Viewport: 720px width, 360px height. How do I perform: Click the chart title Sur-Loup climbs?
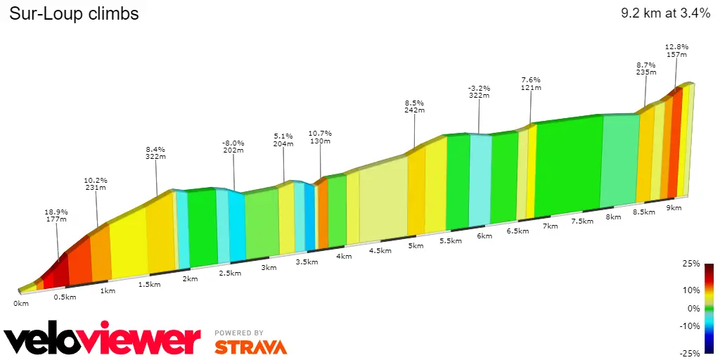[74, 14]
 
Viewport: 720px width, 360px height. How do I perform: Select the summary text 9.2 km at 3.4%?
[666, 14]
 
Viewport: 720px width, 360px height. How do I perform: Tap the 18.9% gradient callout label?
[56, 215]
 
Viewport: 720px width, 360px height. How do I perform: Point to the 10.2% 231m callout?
[96, 184]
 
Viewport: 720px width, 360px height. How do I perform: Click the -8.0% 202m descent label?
[233, 146]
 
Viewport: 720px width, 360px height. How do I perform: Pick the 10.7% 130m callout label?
[320, 137]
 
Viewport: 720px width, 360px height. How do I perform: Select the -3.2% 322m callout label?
[479, 92]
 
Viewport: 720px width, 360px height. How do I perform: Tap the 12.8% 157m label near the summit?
[676, 51]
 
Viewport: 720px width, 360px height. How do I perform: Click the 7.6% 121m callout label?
[532, 84]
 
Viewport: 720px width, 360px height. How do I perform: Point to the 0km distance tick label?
[21, 304]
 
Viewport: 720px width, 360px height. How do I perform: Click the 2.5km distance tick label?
[230, 274]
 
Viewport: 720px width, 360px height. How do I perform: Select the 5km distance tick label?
[416, 245]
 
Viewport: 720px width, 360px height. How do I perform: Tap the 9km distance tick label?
[674, 208]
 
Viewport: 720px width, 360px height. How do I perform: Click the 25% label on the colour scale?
[692, 264]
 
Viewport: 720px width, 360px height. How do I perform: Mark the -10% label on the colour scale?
[690, 326]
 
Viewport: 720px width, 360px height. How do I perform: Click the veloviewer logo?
[102, 338]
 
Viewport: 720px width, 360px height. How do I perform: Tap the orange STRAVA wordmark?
[251, 347]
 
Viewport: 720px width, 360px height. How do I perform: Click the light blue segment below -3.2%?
[480, 181]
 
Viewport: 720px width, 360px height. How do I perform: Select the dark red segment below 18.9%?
[61, 271]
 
